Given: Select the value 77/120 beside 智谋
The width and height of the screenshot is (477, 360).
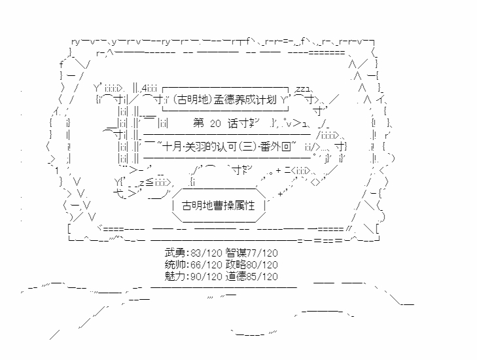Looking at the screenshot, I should (x=262, y=252).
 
